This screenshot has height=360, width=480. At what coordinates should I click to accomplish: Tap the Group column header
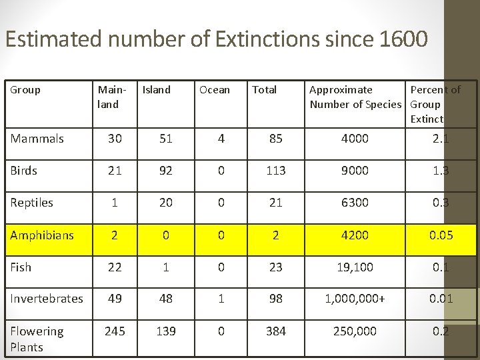[25, 89]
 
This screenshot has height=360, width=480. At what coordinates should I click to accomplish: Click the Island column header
[157, 89]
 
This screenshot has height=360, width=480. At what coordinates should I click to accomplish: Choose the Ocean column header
[215, 89]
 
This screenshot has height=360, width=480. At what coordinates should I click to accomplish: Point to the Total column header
[264, 89]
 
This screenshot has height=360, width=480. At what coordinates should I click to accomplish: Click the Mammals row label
[37, 139]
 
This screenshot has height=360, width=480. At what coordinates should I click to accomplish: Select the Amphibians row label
[42, 235]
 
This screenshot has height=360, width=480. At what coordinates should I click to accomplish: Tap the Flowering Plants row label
[37, 339]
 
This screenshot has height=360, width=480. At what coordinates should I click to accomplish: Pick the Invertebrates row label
[47, 299]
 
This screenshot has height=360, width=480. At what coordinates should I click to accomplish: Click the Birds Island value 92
[166, 171]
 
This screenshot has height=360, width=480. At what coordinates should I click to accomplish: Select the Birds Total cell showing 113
[275, 171]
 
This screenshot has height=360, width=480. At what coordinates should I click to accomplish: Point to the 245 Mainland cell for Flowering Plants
[115, 331]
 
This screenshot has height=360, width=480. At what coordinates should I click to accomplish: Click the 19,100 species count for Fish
[355, 267]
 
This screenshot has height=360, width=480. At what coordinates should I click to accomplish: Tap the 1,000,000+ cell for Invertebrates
[355, 299]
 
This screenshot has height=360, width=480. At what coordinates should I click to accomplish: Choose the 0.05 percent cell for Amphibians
[441, 235]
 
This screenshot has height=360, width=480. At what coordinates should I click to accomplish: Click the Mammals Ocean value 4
[221, 139]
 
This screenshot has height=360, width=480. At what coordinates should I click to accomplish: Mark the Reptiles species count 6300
[355, 203]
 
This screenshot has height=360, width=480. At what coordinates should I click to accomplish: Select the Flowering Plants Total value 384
[275, 331]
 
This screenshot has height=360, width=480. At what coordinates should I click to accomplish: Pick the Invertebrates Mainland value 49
[115, 299]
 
